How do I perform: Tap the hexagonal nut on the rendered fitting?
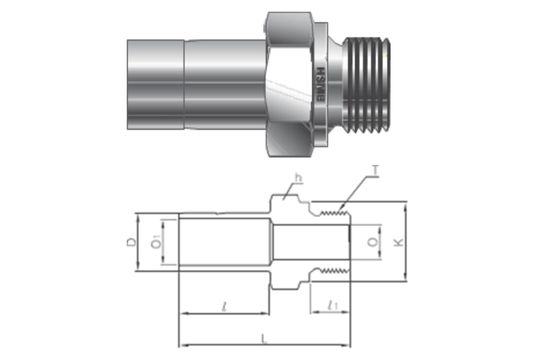[x=292, y=85]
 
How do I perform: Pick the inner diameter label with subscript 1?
[x=156, y=244]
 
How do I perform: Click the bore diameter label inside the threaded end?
[x=372, y=243]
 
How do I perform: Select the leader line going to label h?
[x=290, y=189]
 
